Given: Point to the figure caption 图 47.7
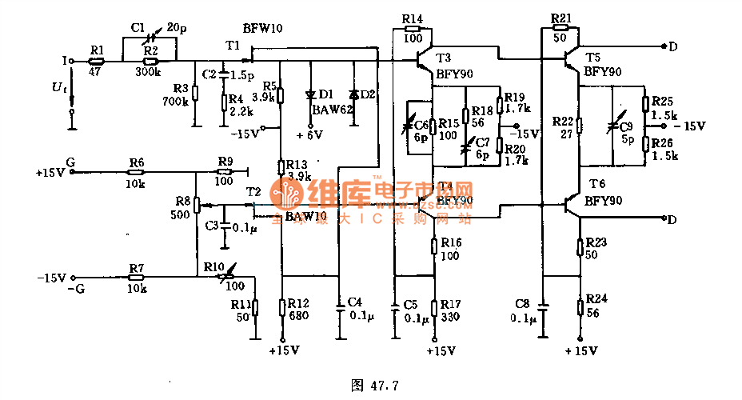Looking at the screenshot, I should pyautogui.click(x=374, y=385).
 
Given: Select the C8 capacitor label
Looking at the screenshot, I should pyautogui.click(x=522, y=304).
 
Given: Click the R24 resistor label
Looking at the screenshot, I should pyautogui.click(x=596, y=299).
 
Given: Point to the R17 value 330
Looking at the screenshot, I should pyautogui.click(x=449, y=318).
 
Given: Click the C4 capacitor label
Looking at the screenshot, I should pyautogui.click(x=355, y=302).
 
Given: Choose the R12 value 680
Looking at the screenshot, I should pyautogui.click(x=298, y=316).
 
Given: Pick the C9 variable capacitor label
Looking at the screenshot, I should pyautogui.click(x=625, y=126).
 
